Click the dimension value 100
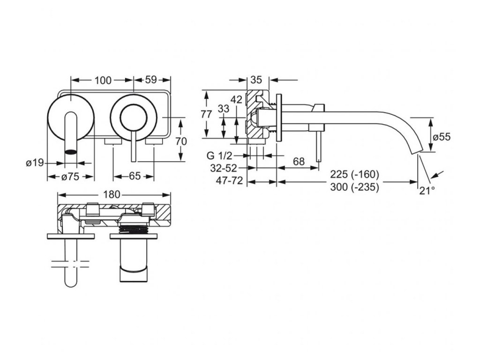[x=103, y=80]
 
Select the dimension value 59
[x=150, y=80]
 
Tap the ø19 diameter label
[x=35, y=163]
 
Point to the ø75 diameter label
[x=70, y=177]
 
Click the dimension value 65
[x=134, y=177]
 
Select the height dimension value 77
[x=206, y=114]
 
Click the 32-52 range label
[x=224, y=168]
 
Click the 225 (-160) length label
[x=354, y=174]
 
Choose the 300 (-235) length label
[x=354, y=187]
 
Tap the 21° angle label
[x=427, y=190]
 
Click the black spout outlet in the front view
[x=70, y=151]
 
